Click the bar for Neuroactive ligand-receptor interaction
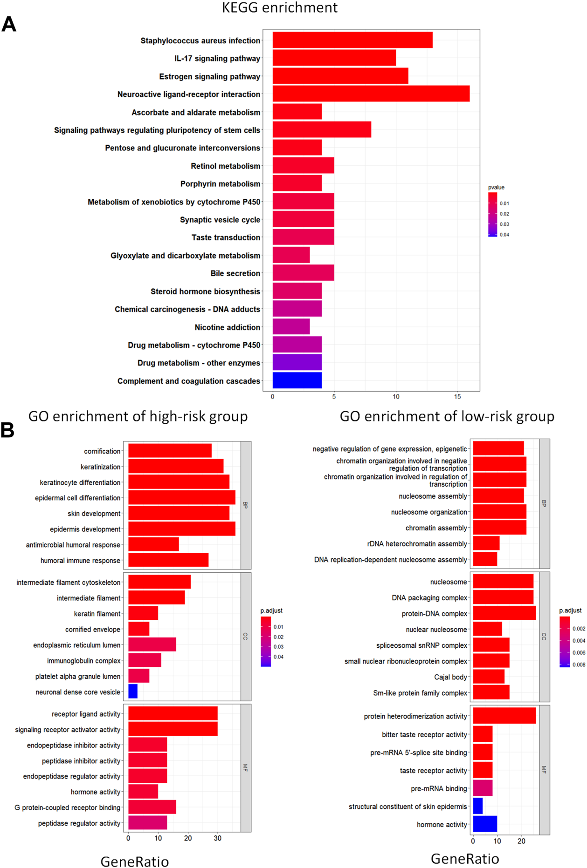[x=371, y=94]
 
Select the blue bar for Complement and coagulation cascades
[x=297, y=380]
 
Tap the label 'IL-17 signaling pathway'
[x=217, y=59]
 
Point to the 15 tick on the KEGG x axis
[x=457, y=397]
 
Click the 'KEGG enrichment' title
[x=279, y=8]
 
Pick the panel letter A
[x=9, y=24]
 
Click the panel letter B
[x=7, y=430]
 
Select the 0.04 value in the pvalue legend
[x=504, y=235]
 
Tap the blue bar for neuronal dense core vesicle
[x=133, y=692]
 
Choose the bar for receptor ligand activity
[x=173, y=713]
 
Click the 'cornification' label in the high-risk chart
[x=102, y=451]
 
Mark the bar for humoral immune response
[x=168, y=560]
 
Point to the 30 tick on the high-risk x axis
[x=218, y=838]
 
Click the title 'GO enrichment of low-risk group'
[x=447, y=416]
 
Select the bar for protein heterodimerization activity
[x=504, y=716]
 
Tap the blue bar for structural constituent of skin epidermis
[x=478, y=806]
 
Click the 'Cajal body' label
[x=450, y=677]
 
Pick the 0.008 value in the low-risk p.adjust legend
[x=579, y=665]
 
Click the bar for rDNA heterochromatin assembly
[x=486, y=543]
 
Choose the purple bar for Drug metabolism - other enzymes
[x=297, y=362]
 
